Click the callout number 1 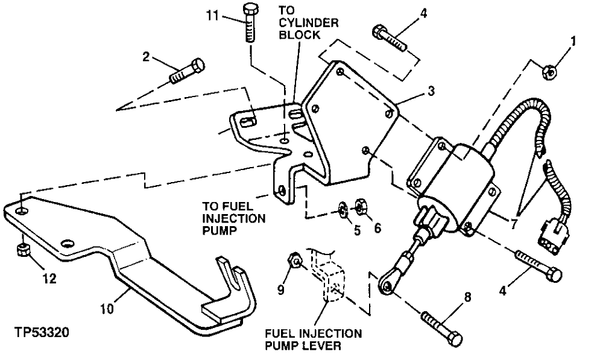click(573, 42)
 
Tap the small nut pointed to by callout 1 click(550, 71)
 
